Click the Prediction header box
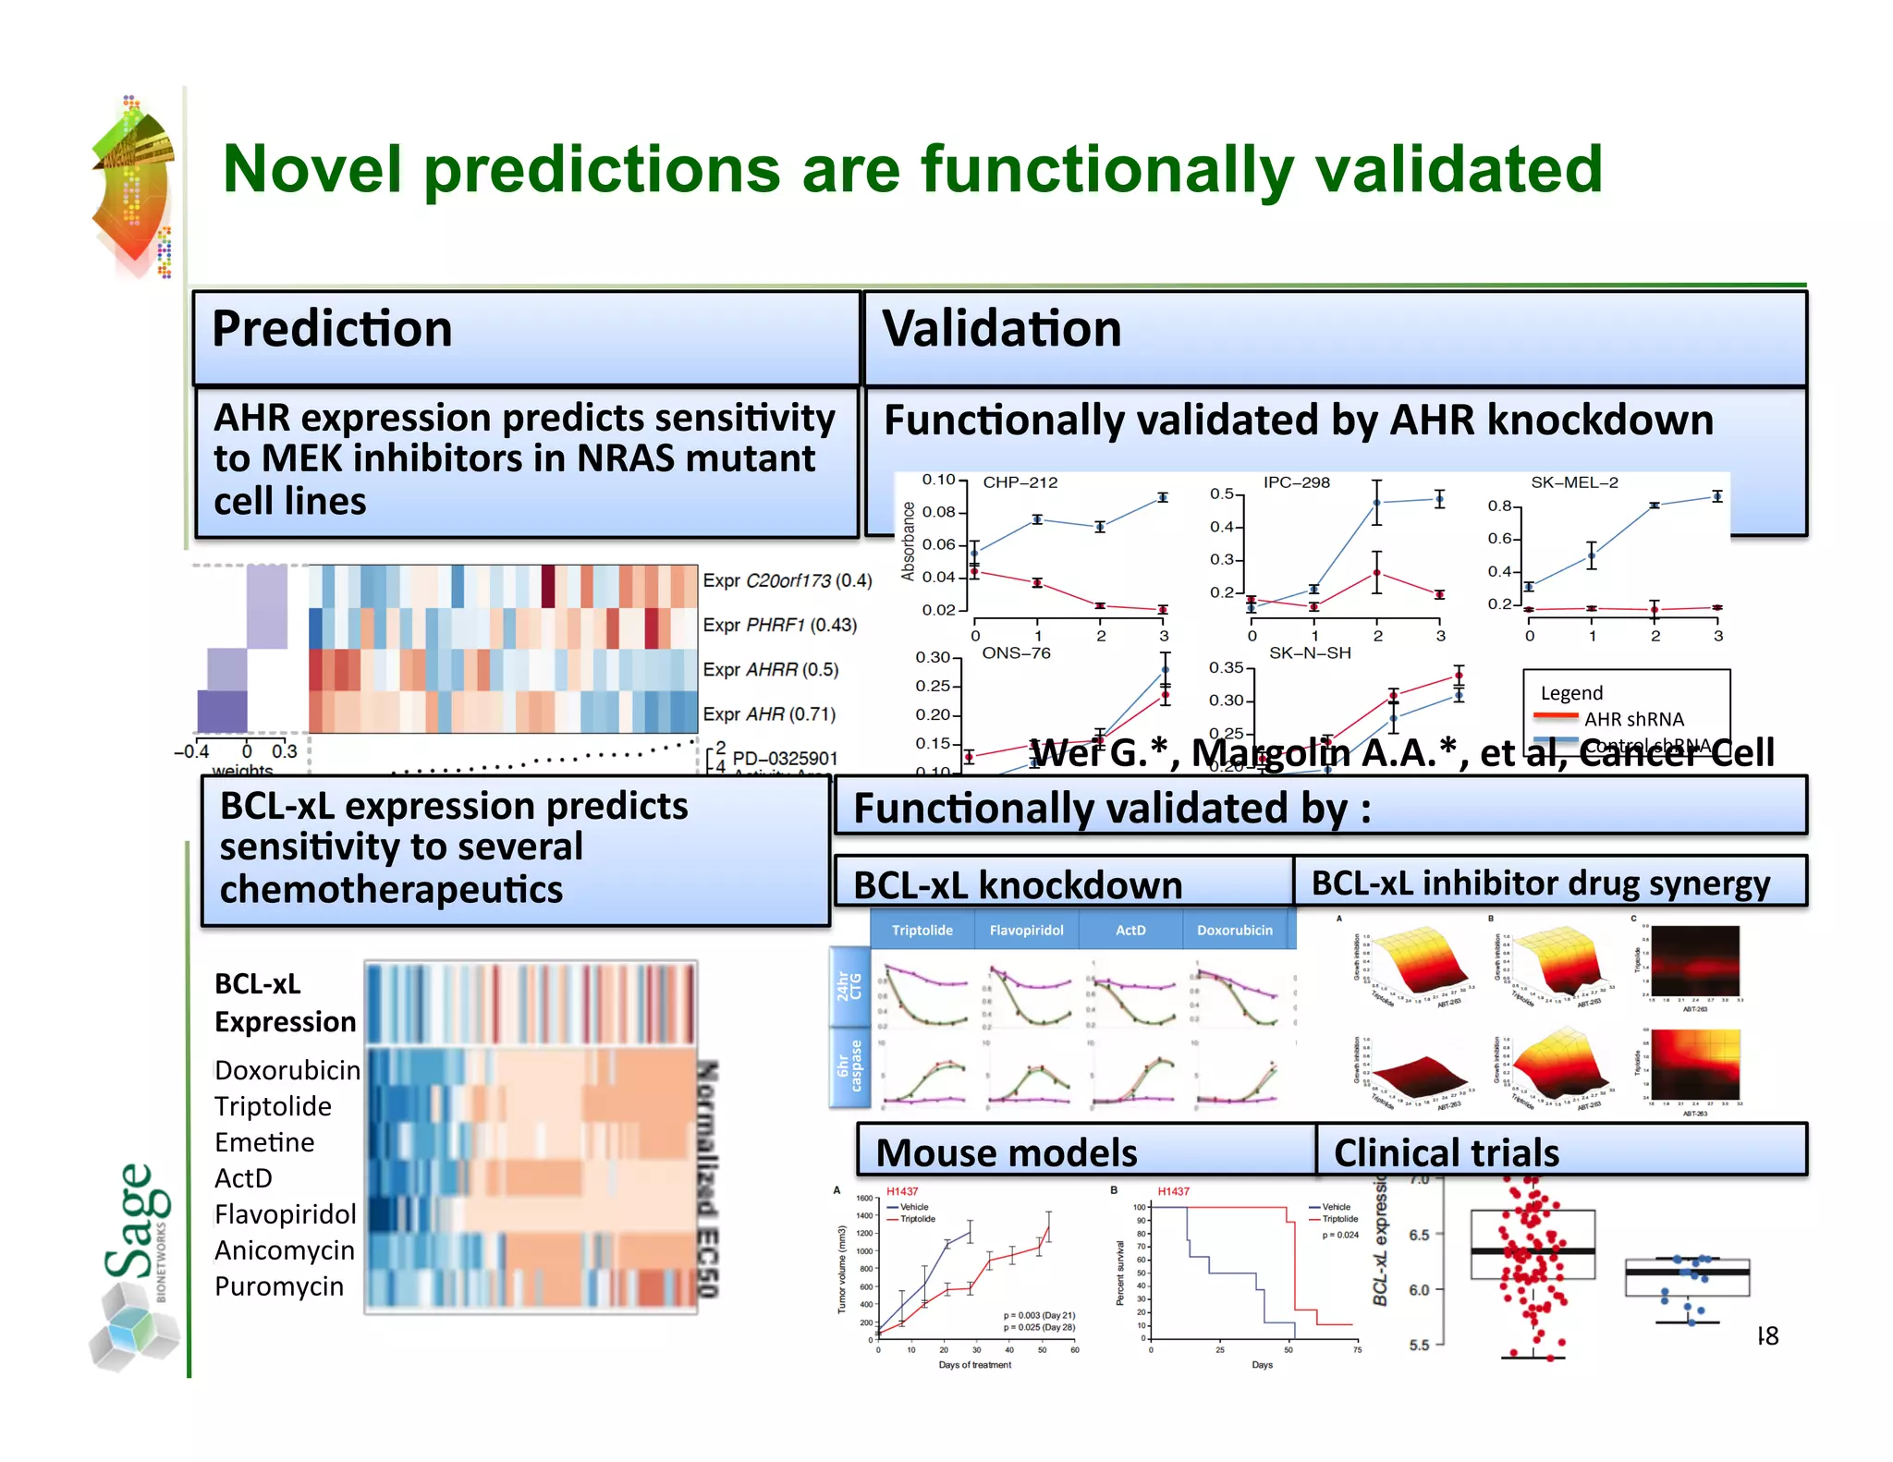point(526,337)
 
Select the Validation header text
point(1002,329)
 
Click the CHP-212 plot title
point(1020,482)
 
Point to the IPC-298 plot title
point(1296,482)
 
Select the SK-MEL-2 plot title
point(1574,482)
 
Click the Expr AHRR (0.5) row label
point(770,669)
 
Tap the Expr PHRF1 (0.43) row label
point(779,625)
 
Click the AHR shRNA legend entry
point(1632,719)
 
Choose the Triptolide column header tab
point(922,930)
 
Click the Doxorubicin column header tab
point(1234,930)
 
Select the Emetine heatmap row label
point(264,1142)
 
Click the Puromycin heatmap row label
point(278,1286)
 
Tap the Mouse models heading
point(1007,1152)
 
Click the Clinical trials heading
point(1446,1152)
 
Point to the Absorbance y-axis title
point(908,542)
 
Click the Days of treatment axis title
point(974,1365)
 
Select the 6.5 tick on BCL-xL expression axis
point(1418,1235)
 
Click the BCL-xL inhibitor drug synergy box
point(1540,883)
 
